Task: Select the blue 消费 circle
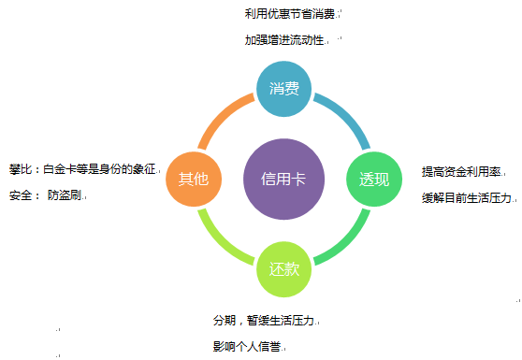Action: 283,90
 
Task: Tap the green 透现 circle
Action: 374,180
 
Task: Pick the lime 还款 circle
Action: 283,269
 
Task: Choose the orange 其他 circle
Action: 193,179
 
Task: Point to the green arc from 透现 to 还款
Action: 347,241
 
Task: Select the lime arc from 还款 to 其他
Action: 220,241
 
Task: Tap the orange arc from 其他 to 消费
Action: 221,116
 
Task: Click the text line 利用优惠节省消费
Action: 289,13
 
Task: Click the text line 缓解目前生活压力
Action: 467,198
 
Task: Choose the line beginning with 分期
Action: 265,320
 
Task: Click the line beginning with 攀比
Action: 83,170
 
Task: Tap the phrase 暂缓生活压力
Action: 282,320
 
